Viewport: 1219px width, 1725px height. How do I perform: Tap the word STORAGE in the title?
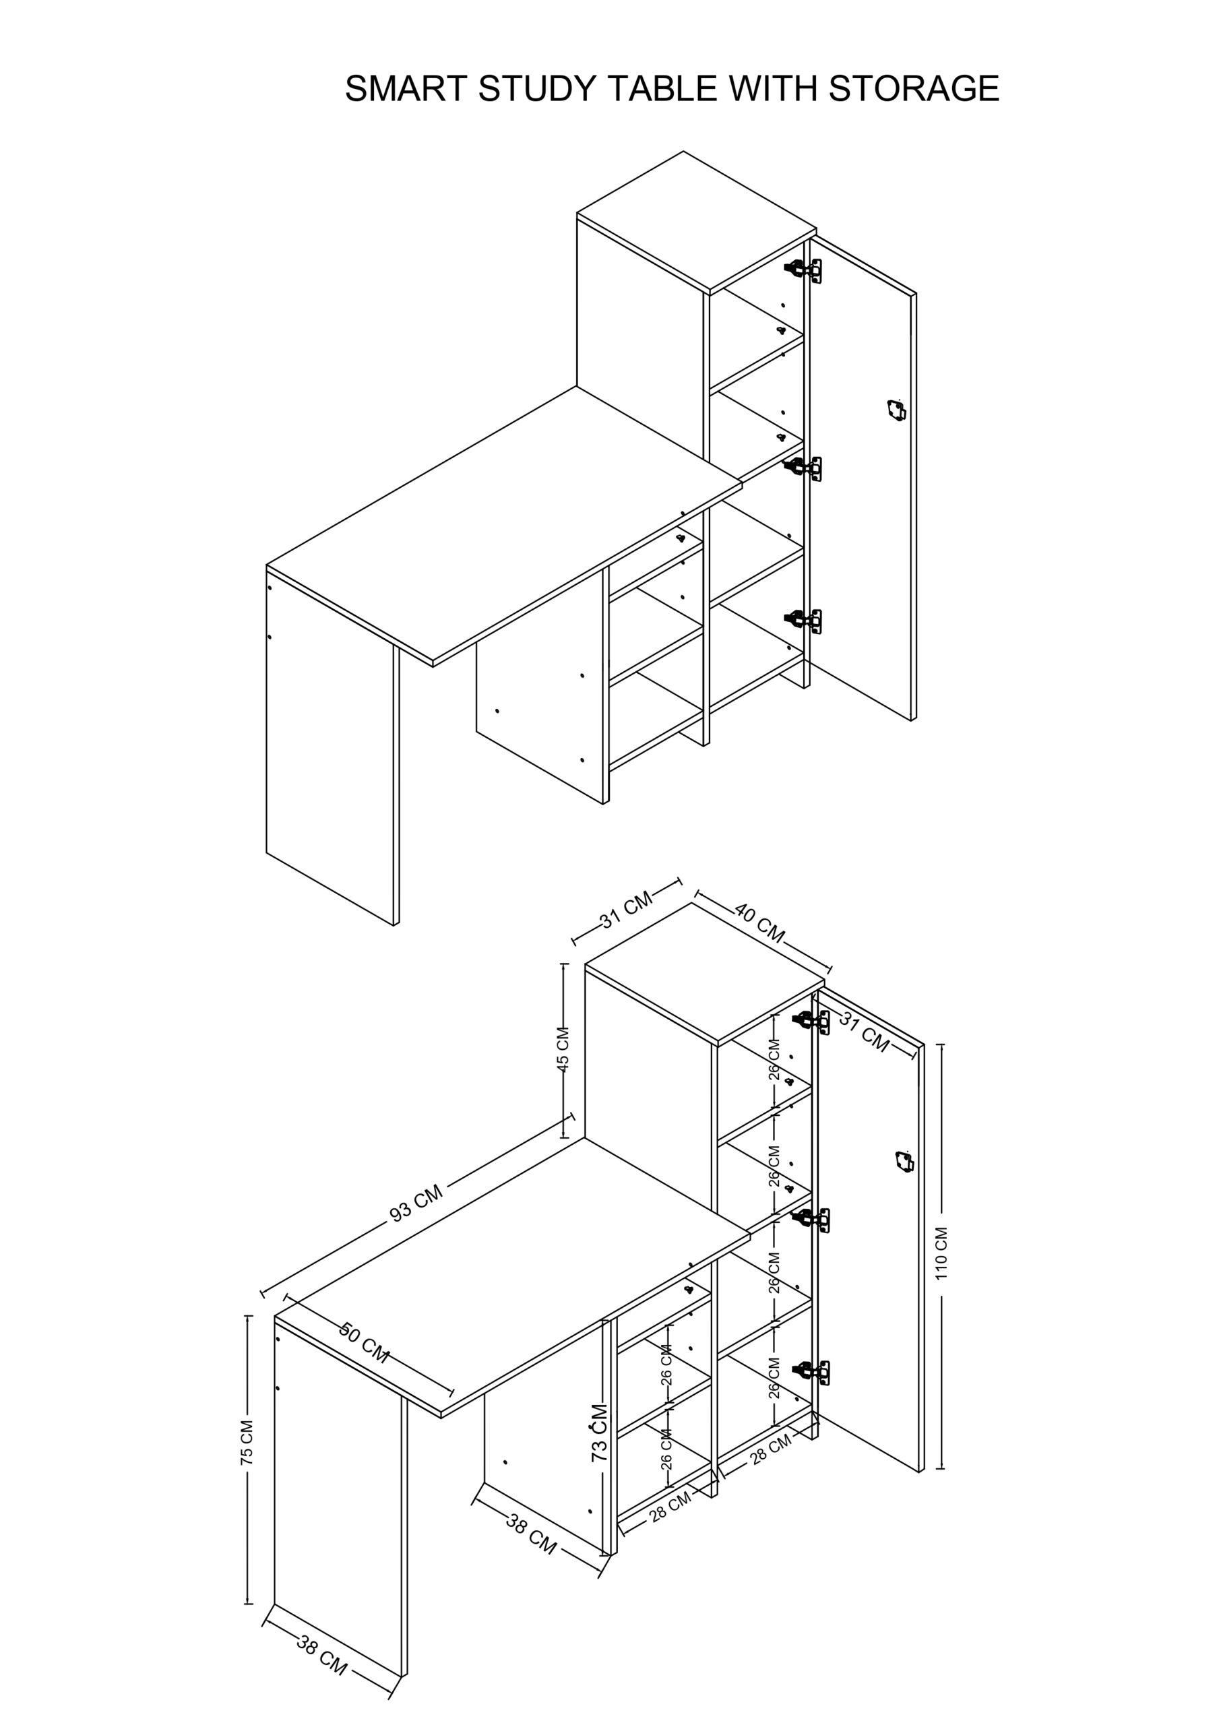[914, 89]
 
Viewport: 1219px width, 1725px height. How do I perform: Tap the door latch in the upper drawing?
[894, 410]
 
